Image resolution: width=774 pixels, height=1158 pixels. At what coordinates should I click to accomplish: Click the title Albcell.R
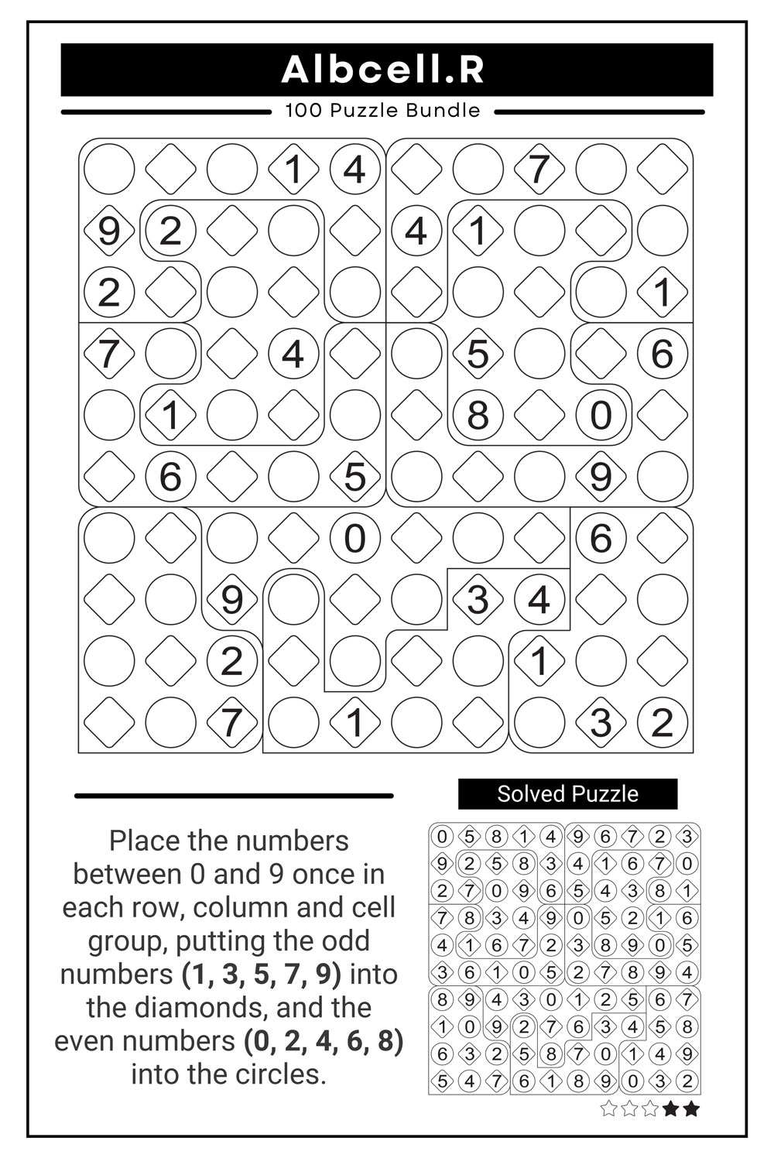point(383,70)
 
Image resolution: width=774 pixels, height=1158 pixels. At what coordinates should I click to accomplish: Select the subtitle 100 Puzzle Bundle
point(382,111)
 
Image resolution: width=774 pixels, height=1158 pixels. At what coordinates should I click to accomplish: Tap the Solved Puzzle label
point(567,794)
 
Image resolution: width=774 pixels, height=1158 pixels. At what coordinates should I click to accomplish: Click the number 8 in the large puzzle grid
point(478,415)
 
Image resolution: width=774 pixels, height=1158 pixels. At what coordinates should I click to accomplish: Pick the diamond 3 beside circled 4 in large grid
point(478,600)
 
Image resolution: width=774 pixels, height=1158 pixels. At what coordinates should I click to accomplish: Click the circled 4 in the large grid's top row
point(354,169)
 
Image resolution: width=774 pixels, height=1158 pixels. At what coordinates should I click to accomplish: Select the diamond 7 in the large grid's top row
point(539,169)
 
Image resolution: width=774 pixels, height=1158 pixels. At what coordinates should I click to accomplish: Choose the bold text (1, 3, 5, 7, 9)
point(262,975)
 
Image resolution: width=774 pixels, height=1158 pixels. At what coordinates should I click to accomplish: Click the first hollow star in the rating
point(608,1109)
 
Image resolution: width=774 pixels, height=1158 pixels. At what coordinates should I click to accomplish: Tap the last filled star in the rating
point(691,1109)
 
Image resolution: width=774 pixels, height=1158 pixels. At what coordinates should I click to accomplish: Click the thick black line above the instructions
point(234,795)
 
